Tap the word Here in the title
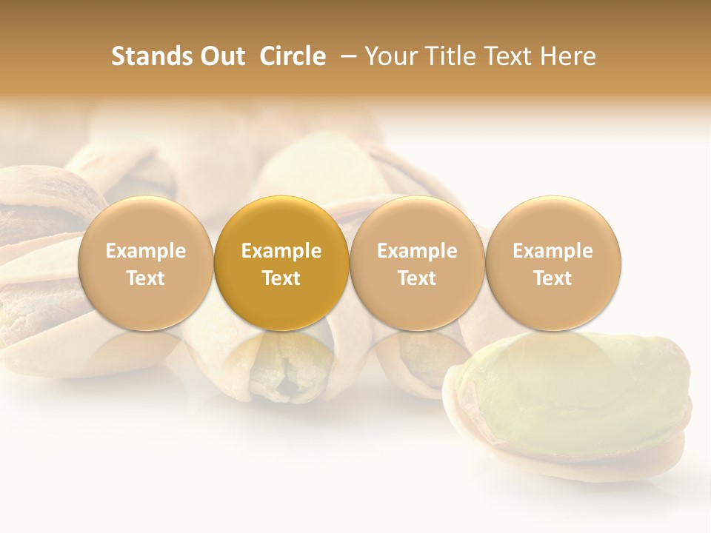coord(569,56)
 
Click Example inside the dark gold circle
coord(281,251)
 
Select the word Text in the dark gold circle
coord(281,278)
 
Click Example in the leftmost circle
coord(146,251)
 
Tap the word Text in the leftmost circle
coord(146,278)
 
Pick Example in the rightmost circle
coord(553,251)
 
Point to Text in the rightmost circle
coord(553,278)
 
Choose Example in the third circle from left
coord(417,251)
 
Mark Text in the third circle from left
coord(417,278)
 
